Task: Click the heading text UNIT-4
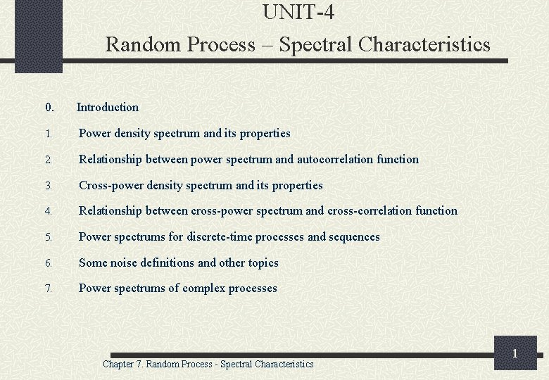point(298,12)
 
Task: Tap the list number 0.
point(49,108)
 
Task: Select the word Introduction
point(108,108)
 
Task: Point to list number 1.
point(48,134)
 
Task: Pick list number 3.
point(48,186)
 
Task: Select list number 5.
point(48,237)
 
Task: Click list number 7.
point(48,289)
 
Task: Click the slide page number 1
point(515,353)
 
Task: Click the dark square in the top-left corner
point(39,35)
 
